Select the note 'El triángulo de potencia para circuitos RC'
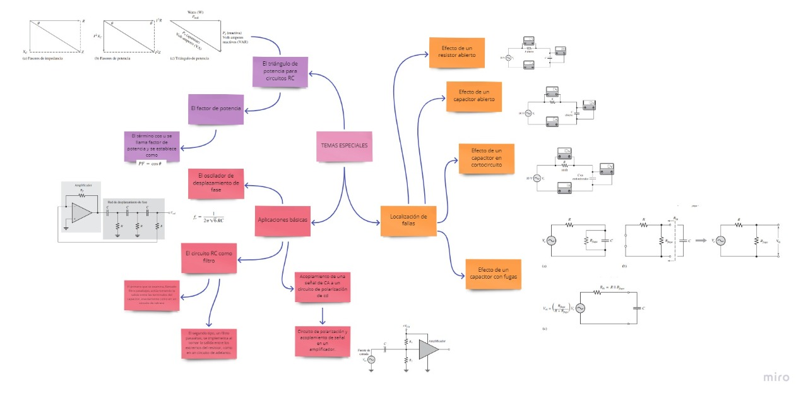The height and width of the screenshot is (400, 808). click(280, 71)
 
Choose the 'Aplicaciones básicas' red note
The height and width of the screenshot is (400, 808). click(283, 221)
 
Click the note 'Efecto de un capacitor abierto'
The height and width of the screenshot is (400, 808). click(474, 96)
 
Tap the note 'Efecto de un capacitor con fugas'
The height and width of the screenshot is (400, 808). click(494, 274)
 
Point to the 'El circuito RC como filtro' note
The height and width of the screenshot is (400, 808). click(209, 258)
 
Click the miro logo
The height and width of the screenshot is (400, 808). click(776, 377)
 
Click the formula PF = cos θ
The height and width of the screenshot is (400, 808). click(150, 163)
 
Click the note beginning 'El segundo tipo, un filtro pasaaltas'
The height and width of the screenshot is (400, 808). click(210, 343)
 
